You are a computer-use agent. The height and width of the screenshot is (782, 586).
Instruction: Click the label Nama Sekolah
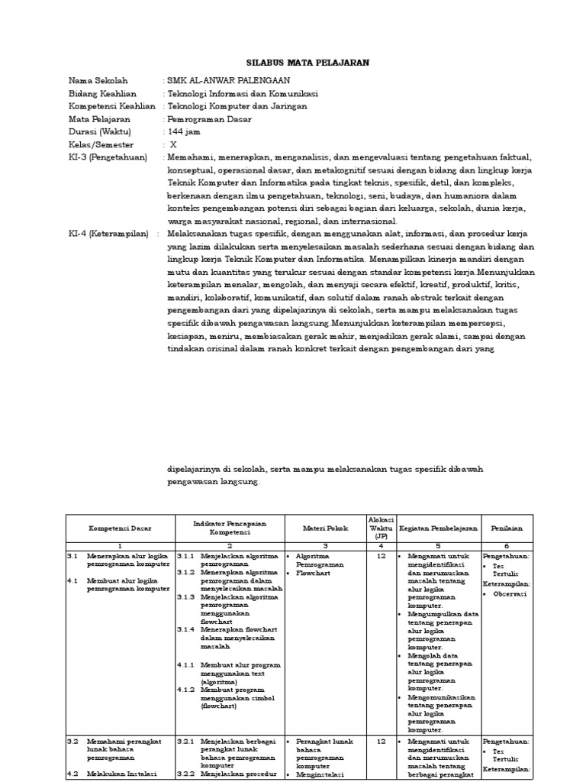click(98, 80)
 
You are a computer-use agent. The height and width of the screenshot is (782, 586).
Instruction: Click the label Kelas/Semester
click(101, 144)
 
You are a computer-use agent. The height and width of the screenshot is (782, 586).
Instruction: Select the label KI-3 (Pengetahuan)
click(108, 157)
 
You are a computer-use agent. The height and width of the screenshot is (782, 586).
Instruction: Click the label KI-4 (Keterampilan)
click(108, 234)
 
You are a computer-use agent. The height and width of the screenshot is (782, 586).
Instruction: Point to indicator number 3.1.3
click(186, 597)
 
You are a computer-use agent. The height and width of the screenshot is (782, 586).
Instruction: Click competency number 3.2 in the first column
click(73, 741)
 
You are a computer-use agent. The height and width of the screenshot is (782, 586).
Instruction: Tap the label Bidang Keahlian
click(101, 93)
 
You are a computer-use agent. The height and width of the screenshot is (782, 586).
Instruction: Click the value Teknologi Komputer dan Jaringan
click(237, 106)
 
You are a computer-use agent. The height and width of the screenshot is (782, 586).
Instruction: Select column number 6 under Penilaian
click(507, 546)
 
